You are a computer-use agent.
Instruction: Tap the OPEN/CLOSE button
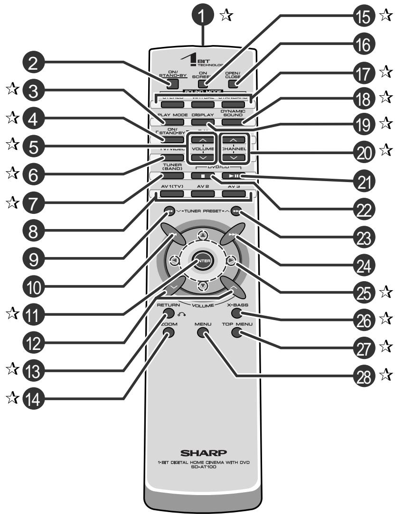(232, 84)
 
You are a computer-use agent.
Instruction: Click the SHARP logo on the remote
(202, 452)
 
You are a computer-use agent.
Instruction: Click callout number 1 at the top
(203, 16)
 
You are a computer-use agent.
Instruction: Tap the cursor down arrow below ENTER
(202, 285)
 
